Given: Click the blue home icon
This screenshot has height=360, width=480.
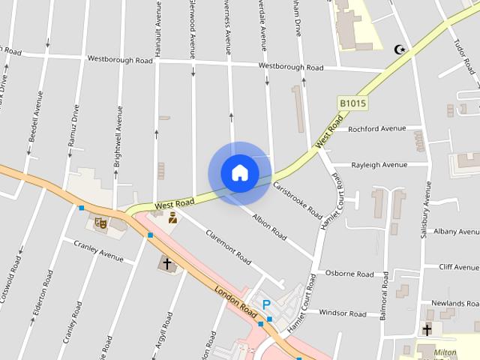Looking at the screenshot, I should pos(240,172).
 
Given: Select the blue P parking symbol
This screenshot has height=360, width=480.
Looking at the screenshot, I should pos(265,305).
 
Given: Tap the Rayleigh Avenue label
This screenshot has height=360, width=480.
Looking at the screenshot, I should pos(379,165).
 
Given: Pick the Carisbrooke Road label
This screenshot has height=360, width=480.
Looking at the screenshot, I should pos(297,199).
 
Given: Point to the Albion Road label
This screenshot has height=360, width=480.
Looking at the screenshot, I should pos(269,227).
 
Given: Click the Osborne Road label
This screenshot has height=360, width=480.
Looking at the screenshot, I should pos(349,274).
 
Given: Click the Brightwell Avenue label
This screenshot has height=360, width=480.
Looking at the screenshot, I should pos(118,136).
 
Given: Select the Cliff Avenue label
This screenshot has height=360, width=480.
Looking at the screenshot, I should pos(459,267).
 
